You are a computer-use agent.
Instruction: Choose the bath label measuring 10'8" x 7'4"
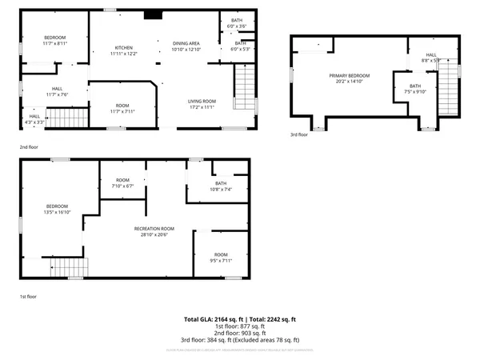point(221,186)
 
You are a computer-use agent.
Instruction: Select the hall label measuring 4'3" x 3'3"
point(34,119)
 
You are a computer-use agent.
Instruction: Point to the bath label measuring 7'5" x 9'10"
point(415,89)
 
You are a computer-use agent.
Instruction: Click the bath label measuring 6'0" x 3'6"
point(237,23)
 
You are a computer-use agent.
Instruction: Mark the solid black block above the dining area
point(152,14)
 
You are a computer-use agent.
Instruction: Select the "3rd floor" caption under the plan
point(298,134)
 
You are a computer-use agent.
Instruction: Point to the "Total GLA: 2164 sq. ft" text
point(213,319)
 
